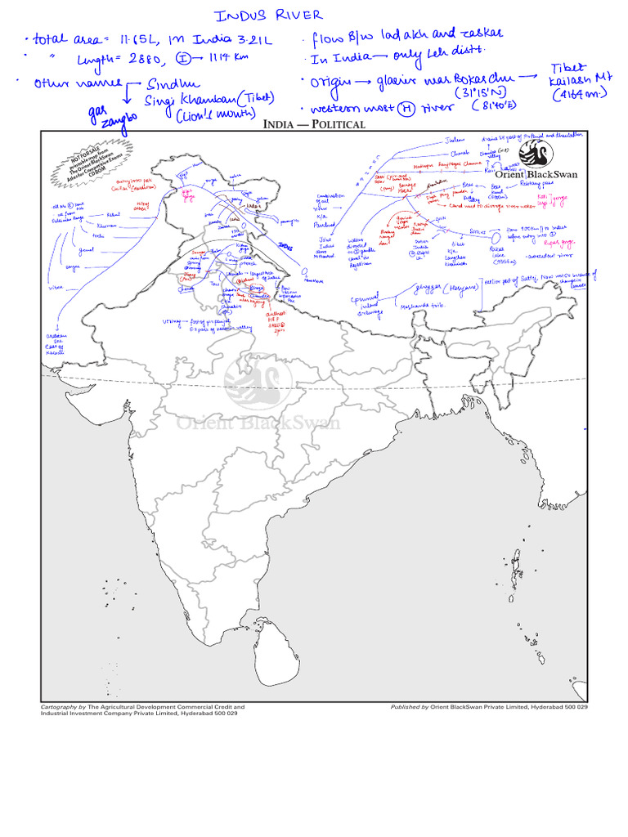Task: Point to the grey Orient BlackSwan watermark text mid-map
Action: [x=259, y=423]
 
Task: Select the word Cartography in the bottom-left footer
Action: [x=58, y=706]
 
